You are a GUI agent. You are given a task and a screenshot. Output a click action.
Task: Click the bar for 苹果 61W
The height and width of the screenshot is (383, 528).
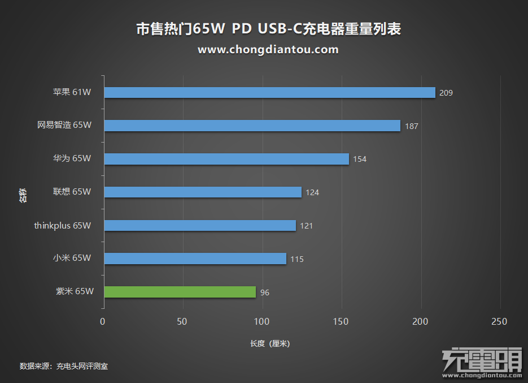pyautogui.click(x=269, y=93)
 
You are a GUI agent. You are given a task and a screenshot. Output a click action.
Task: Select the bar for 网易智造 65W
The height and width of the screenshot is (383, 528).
pyautogui.click(x=252, y=126)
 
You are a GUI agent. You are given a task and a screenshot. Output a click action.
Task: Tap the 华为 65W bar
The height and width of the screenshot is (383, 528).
pyautogui.click(x=226, y=159)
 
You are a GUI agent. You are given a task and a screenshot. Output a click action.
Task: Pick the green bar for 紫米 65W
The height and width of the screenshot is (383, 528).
pyautogui.click(x=180, y=292)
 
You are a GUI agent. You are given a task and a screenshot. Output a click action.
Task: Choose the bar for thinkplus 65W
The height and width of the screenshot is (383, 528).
pyautogui.click(x=199, y=226)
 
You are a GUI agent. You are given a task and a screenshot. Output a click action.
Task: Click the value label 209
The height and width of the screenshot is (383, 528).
pyautogui.click(x=446, y=93)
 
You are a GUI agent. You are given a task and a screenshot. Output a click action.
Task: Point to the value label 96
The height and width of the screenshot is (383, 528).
pyautogui.click(x=265, y=292)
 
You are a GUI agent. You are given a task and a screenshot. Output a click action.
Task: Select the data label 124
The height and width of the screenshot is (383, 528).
pyautogui.click(x=312, y=192)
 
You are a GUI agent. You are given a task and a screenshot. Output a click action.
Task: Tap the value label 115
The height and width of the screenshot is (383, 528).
pyautogui.click(x=297, y=259)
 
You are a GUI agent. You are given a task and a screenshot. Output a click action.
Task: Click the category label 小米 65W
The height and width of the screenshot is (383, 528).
pyautogui.click(x=72, y=258)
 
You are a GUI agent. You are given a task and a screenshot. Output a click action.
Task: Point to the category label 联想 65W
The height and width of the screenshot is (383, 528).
pyautogui.click(x=72, y=192)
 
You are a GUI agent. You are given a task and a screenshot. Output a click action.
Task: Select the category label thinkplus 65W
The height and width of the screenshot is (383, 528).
pyautogui.click(x=62, y=225)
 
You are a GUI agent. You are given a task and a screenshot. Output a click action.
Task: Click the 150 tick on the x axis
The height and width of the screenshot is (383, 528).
pyautogui.click(x=341, y=322)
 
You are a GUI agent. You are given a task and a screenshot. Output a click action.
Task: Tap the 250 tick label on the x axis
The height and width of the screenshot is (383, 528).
pyautogui.click(x=499, y=322)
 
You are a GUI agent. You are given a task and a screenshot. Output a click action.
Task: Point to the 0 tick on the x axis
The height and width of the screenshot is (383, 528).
pyautogui.click(x=103, y=322)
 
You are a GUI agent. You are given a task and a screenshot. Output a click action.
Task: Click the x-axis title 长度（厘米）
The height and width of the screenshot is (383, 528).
pyautogui.click(x=270, y=344)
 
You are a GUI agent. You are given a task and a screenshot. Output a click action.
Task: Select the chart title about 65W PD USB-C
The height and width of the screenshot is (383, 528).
pyautogui.click(x=269, y=29)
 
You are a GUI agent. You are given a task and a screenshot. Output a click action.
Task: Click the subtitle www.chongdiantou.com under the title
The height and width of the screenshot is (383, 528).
pyautogui.click(x=268, y=50)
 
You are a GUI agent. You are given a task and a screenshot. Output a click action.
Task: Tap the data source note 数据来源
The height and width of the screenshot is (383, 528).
pyautogui.click(x=64, y=367)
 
